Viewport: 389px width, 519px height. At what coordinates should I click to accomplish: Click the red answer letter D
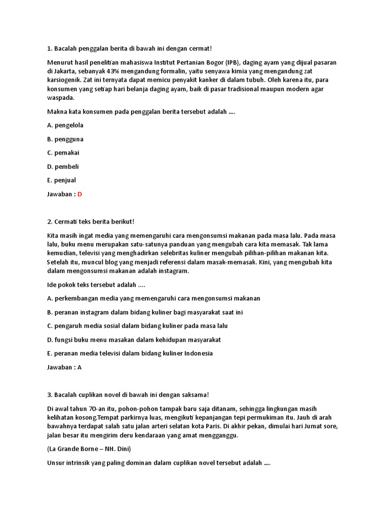[80, 194]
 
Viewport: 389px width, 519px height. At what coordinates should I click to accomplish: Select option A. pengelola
[65, 125]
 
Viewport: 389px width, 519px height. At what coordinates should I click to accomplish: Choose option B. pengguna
[65, 139]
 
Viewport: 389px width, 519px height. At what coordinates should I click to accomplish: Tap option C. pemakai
[63, 153]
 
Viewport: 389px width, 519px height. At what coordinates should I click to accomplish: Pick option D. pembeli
[63, 166]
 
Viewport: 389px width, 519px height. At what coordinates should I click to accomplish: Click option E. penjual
[61, 180]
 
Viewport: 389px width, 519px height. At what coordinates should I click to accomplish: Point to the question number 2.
[49, 222]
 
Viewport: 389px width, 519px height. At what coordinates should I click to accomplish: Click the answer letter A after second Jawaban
[80, 367]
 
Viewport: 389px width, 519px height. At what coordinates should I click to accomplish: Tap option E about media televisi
[130, 353]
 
